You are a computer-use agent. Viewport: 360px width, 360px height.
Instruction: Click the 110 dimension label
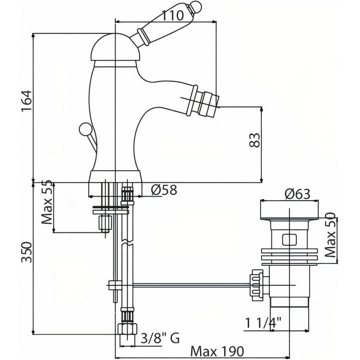(173, 16)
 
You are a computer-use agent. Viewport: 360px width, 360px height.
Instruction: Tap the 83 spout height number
(254, 140)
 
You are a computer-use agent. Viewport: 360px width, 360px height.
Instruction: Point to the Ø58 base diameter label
(164, 190)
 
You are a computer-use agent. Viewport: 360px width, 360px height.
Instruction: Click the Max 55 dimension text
(47, 202)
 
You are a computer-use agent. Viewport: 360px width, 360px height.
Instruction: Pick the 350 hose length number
(26, 252)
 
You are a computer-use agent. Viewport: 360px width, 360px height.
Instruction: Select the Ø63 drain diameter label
(298, 194)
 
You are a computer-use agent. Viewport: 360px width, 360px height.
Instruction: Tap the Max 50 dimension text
(330, 235)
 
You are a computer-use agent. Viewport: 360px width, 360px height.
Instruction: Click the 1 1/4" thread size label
(263, 323)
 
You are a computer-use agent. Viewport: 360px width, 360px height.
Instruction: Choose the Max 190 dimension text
(217, 351)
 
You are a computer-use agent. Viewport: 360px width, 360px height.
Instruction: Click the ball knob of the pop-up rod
(85, 129)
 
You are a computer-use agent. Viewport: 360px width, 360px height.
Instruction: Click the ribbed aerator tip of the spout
(209, 103)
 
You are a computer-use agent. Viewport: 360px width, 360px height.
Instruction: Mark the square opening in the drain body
(289, 240)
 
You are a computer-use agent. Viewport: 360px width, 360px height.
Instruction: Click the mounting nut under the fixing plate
(105, 222)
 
